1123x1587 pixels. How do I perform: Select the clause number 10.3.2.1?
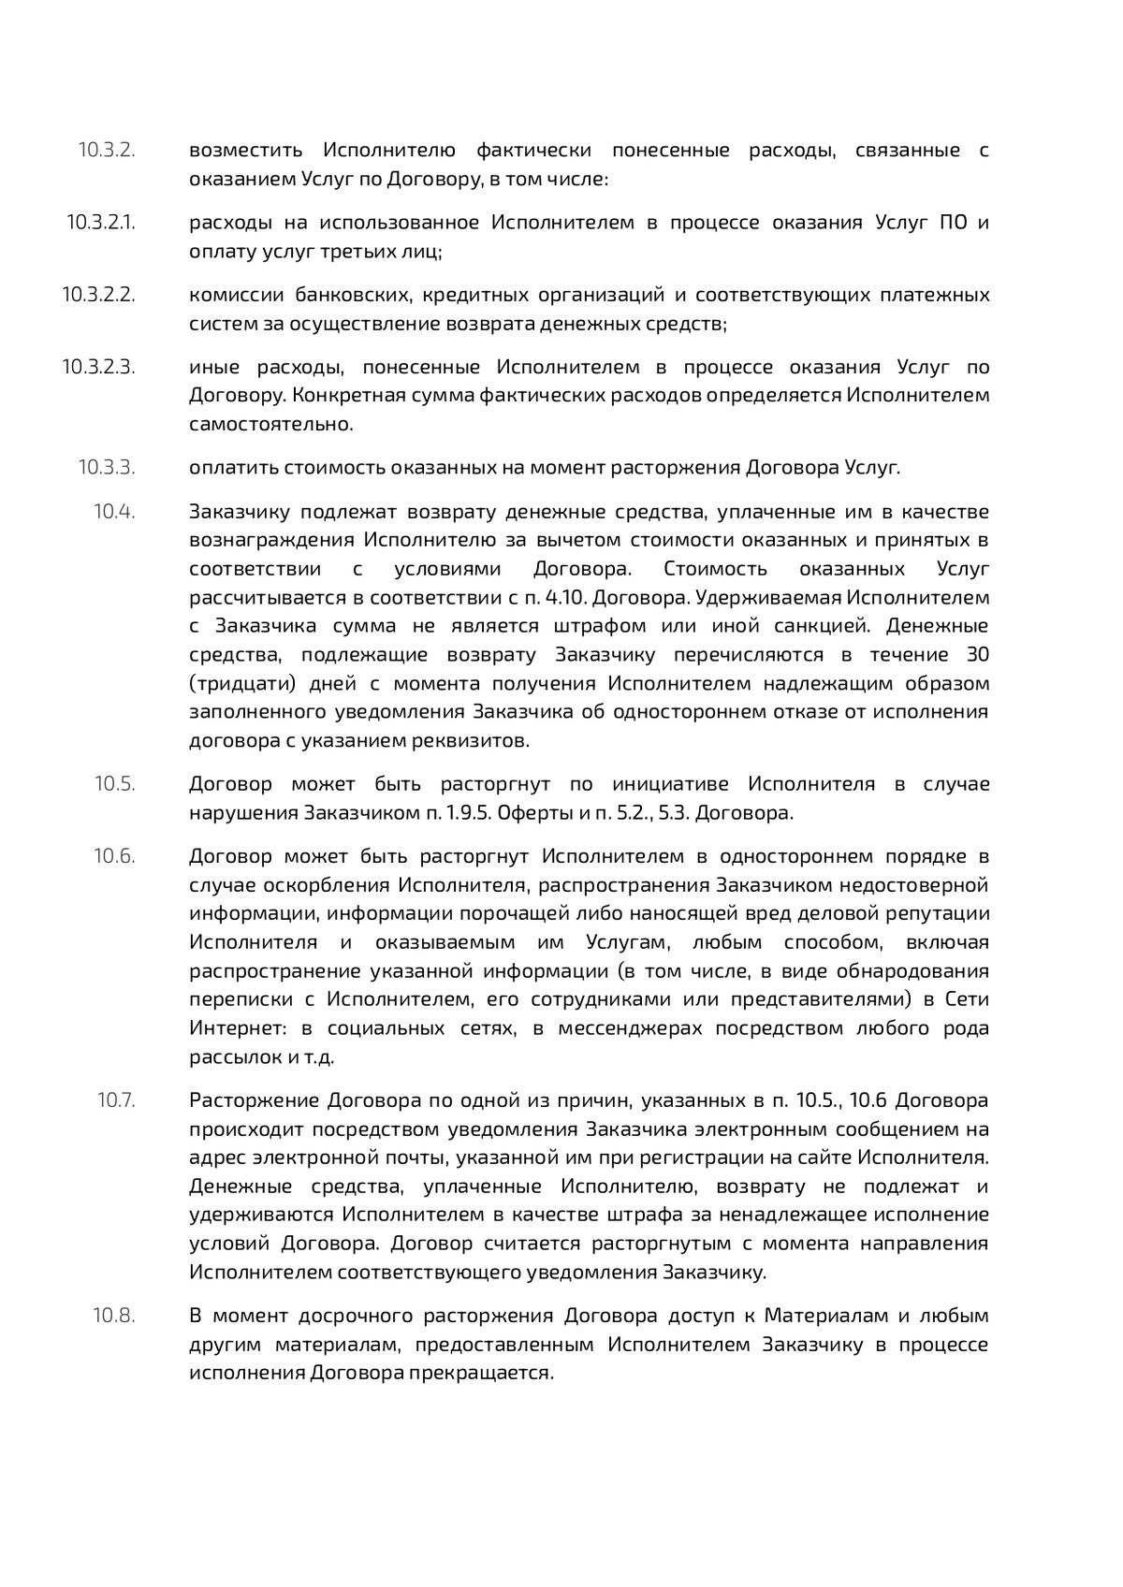[100, 223]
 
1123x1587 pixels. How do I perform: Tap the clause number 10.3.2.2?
[98, 295]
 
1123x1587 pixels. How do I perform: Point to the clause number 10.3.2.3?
[98, 367]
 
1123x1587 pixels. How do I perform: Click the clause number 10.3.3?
[107, 467]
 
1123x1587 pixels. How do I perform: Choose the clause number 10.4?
[114, 511]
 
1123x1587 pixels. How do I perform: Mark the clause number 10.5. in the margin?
[114, 783]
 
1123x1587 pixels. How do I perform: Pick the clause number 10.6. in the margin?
[114, 855]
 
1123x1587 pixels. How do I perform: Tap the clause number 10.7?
[116, 1099]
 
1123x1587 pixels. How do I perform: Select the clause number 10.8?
[114, 1316]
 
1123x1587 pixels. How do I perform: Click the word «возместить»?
[246, 150]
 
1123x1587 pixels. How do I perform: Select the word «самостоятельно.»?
[271, 424]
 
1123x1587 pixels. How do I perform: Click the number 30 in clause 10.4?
[977, 654]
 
